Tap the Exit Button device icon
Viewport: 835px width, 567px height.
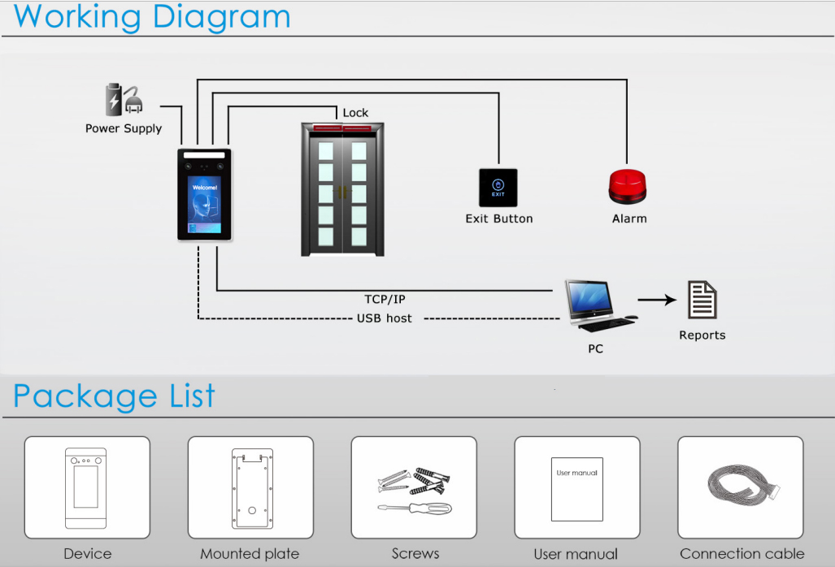tap(498, 188)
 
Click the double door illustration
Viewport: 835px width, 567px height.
tap(342, 190)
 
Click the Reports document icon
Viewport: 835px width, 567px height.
tap(702, 301)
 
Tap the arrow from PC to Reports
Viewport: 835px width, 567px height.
tap(657, 300)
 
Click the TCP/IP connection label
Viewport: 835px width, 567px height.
tap(385, 300)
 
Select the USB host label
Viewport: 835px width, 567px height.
tap(384, 318)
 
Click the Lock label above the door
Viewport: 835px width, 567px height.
tap(355, 113)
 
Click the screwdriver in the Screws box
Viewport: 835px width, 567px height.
tap(414, 508)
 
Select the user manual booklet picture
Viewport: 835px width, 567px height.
tap(576, 488)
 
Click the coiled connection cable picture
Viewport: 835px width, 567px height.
tap(741, 486)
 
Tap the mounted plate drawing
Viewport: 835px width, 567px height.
tap(250, 487)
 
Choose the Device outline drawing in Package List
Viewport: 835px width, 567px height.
tap(86, 488)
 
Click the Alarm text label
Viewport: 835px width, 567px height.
tap(629, 219)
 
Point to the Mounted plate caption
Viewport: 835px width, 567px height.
tap(250, 554)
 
